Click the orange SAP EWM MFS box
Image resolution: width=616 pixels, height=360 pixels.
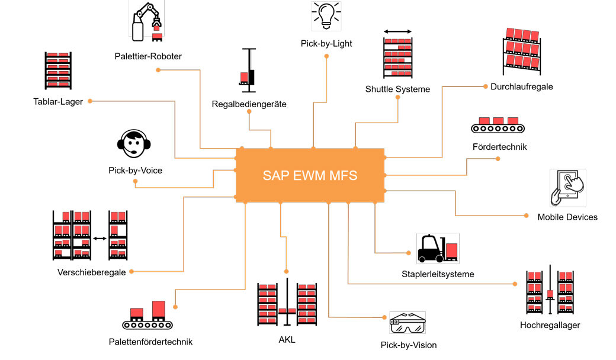coord(310,175)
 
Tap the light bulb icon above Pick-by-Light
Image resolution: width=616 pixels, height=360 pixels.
coord(326,16)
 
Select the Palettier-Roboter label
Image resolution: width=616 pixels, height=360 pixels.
coord(148,56)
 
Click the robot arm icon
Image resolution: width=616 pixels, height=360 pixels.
coord(147,22)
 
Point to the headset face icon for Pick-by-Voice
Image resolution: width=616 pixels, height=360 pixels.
coord(134,144)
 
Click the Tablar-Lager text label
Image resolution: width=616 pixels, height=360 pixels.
coord(58,102)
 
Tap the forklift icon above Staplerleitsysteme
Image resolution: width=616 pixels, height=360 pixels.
coord(437,248)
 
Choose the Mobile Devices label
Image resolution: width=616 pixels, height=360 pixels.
coord(567,217)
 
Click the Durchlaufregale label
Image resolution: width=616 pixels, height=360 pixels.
coord(521,86)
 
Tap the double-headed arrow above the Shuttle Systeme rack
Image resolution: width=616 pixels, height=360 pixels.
coord(397,31)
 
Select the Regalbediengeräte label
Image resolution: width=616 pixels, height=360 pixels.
coord(249,104)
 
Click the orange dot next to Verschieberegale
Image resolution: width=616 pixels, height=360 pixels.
coord(131,272)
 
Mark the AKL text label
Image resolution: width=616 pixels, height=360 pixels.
coord(287,340)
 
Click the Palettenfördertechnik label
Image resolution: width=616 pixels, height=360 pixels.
coord(150,342)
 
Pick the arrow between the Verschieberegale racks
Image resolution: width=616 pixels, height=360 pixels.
coord(100,239)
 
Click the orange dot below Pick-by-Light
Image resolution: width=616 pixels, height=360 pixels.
coord(326,56)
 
